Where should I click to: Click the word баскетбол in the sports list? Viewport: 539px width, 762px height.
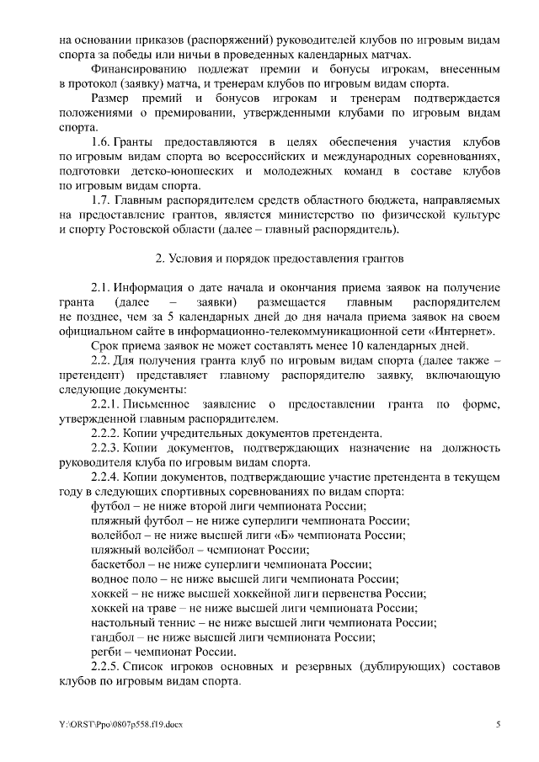pos(117,564)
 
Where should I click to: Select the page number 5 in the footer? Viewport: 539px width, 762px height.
pos(498,724)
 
